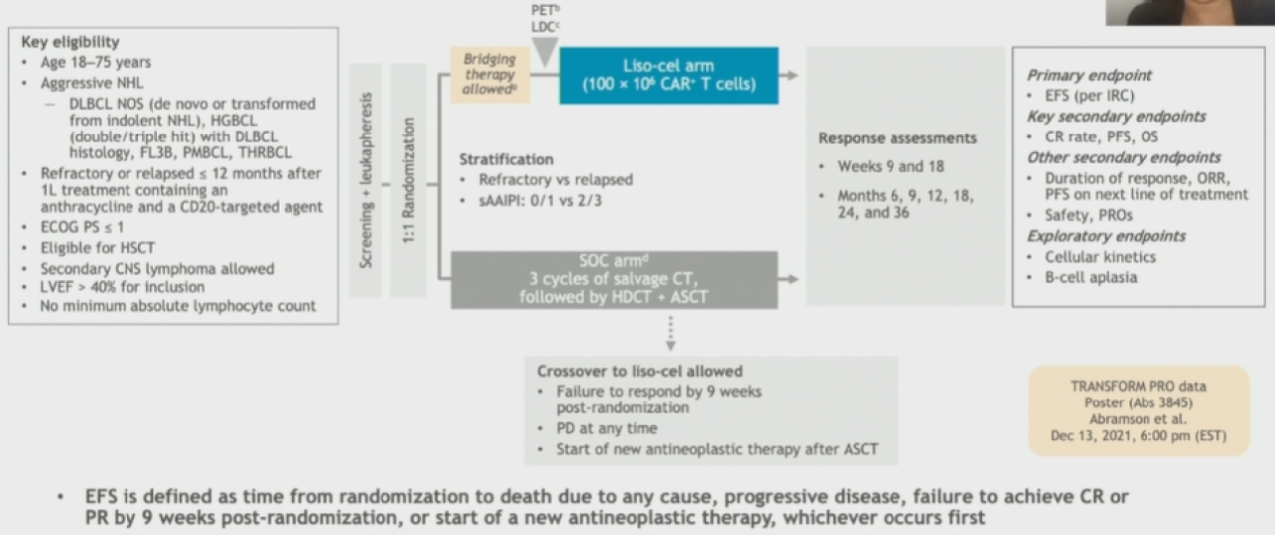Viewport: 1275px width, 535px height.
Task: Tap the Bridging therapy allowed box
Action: pyautogui.click(x=489, y=75)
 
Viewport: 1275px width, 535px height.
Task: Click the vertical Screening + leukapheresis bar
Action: pyautogui.click(x=366, y=180)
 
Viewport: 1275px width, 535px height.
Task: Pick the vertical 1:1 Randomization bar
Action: pyautogui.click(x=408, y=180)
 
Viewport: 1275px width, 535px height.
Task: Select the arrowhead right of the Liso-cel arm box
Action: pyautogui.click(x=791, y=75)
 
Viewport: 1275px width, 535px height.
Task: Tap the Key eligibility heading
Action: pyautogui.click(x=70, y=42)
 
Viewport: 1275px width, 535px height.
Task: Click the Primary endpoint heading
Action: pyautogui.click(x=1089, y=75)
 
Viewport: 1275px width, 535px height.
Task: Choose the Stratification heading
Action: pyautogui.click(x=506, y=159)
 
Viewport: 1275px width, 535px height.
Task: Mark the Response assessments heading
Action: pyautogui.click(x=897, y=138)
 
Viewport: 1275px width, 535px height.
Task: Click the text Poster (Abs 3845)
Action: pyautogui.click(x=1139, y=402)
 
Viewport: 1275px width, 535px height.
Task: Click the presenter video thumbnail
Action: pyautogui.click(x=1189, y=11)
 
